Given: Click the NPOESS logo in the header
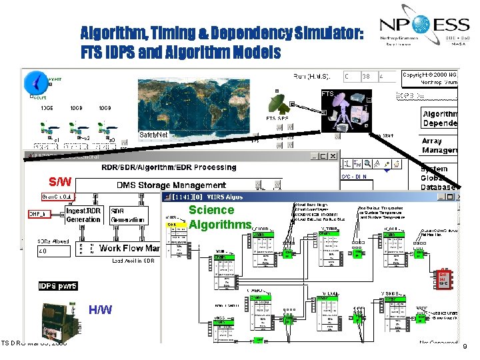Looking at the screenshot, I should coord(424,30).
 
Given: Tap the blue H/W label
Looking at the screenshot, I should coord(100,309).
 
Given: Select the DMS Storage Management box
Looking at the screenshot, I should coord(171,185).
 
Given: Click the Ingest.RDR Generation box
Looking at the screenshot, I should coord(83,215).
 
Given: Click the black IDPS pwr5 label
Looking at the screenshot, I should coord(58,286).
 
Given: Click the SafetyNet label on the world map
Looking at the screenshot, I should coord(153,135).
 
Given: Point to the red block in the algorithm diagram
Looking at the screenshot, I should coord(443,279).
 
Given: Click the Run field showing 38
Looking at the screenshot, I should coord(366,77).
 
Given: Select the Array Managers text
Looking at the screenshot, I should coord(441,146).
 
